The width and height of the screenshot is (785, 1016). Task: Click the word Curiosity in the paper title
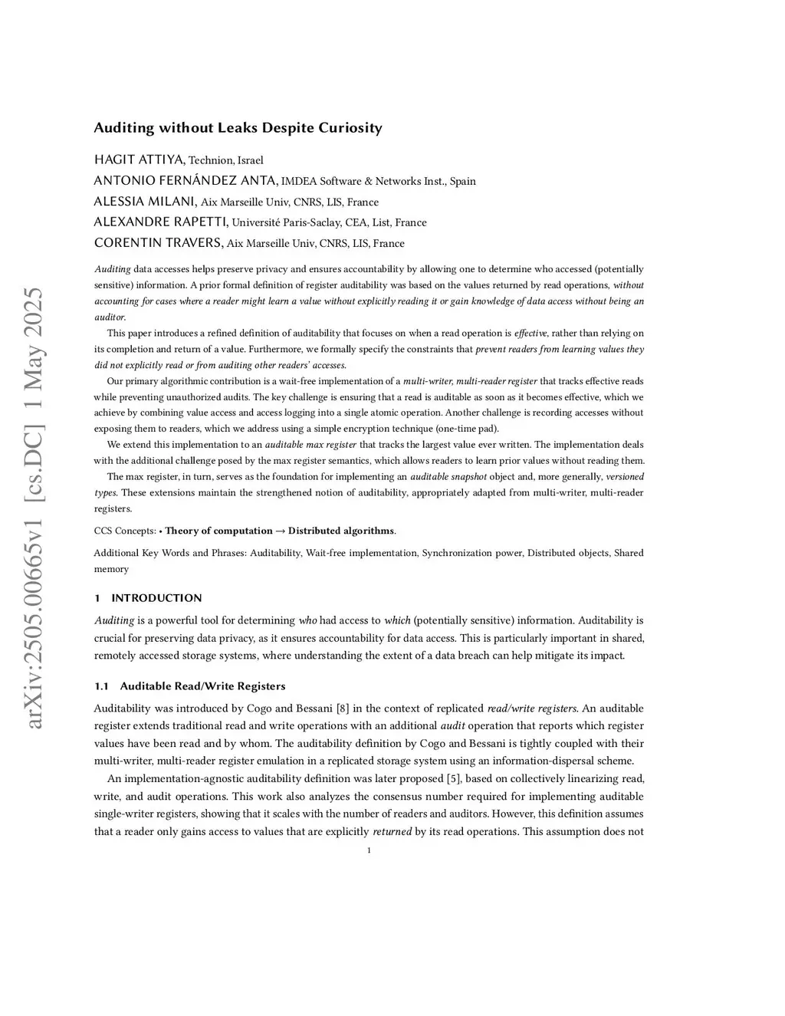click(x=349, y=128)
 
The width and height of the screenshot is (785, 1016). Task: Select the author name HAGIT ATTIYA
click(x=139, y=159)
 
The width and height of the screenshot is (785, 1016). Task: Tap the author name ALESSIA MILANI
click(x=145, y=202)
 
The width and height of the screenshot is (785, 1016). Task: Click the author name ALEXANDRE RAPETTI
click(x=160, y=222)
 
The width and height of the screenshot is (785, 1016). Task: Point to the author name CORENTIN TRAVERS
click(x=158, y=243)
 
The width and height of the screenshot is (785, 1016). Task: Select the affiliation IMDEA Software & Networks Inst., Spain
click(x=379, y=182)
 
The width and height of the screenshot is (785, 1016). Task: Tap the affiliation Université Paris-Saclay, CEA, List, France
click(x=329, y=223)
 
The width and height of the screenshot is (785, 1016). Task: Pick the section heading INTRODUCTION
click(x=156, y=598)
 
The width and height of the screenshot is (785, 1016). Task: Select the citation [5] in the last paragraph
click(x=455, y=779)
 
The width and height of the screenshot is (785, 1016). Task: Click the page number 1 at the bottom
click(x=369, y=850)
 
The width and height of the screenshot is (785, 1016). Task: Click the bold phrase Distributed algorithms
click(x=341, y=531)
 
